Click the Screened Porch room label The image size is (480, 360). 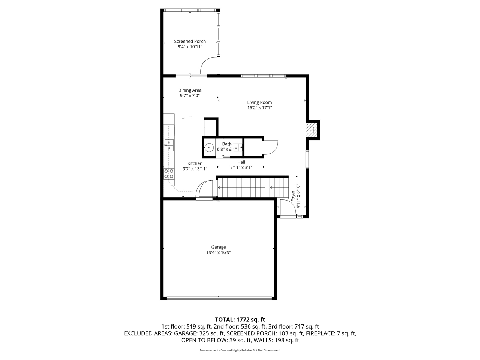coord(190,42)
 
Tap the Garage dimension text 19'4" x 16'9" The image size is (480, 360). coord(218,252)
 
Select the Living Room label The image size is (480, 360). coord(259,102)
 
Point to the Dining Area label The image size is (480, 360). coord(190,90)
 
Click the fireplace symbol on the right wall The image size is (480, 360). coord(311,129)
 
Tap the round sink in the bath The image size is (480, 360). coord(209,148)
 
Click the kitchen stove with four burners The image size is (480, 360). coord(169,173)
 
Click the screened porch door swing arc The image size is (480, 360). coord(208,66)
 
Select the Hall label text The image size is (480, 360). coord(241,162)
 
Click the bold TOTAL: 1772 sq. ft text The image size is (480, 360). coord(240,319)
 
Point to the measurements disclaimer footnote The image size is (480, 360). coord(240,350)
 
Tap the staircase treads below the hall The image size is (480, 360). coord(253,186)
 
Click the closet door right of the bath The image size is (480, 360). coord(270,147)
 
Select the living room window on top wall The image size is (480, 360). coord(263,76)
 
